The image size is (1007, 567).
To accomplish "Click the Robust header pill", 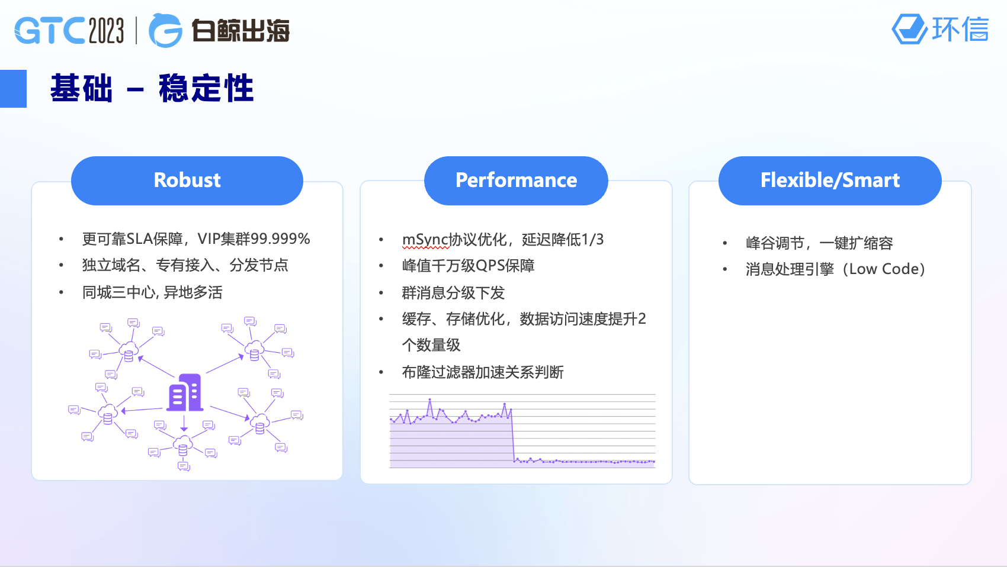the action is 187,181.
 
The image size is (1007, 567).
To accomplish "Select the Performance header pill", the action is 516,181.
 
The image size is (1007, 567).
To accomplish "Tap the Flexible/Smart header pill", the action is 830,181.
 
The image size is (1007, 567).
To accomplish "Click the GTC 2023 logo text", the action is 69,31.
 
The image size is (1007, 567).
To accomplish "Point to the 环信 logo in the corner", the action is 940,29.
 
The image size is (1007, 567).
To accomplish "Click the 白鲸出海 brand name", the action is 240,31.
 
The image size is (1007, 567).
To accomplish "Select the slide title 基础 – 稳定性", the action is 152,88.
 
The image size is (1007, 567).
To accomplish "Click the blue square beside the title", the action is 13,89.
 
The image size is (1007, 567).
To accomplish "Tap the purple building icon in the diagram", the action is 185,392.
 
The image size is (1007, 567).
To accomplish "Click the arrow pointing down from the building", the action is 184,423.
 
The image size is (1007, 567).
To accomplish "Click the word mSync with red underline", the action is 425,240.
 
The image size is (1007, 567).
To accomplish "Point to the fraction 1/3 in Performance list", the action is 592,240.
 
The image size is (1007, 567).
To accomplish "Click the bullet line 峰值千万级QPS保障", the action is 468,266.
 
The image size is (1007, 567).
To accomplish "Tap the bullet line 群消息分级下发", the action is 453,293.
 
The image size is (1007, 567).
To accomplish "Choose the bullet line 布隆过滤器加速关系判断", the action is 482,372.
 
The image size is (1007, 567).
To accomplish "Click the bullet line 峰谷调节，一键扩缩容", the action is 819,243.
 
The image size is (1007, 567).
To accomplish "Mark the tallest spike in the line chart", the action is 430,400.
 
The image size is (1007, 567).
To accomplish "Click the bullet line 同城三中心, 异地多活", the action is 152,292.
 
